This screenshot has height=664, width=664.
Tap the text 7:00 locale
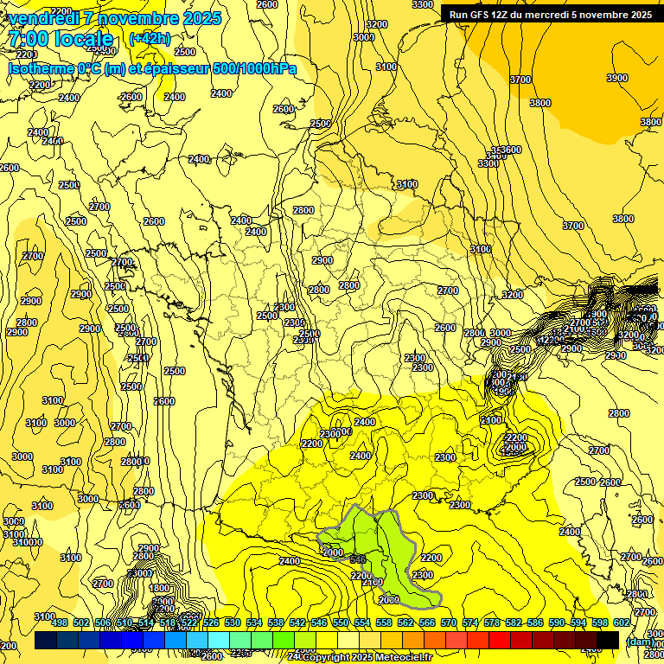61,39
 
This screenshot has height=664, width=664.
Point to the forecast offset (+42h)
150,39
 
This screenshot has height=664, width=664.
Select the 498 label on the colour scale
60,622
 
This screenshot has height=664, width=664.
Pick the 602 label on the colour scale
621,622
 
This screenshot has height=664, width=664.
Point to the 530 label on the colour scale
232,622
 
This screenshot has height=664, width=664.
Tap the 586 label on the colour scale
534,622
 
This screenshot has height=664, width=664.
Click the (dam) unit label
640,641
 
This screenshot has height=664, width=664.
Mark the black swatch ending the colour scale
608,640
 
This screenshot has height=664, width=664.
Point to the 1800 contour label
160,588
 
